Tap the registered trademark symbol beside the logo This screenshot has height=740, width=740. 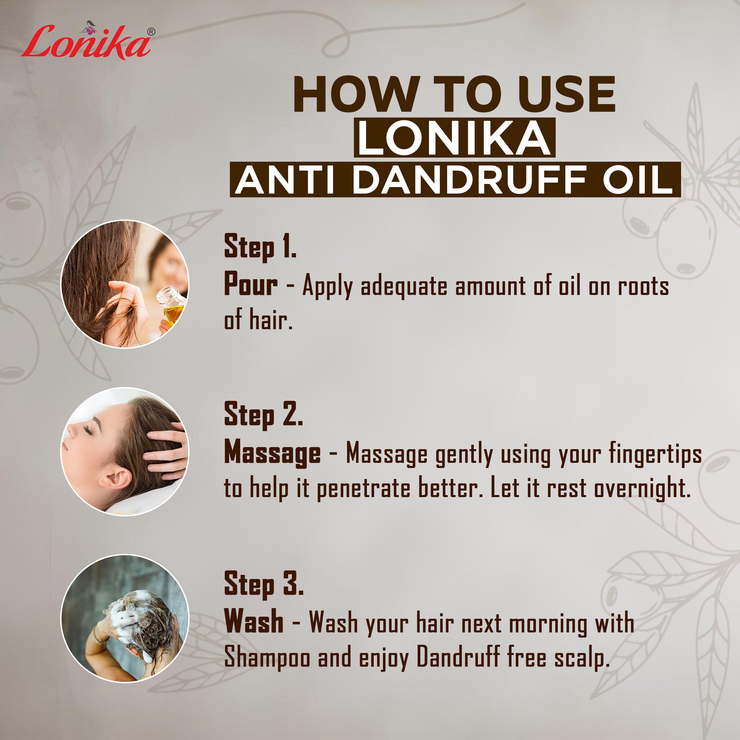click(151, 32)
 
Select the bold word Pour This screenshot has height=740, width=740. click(251, 285)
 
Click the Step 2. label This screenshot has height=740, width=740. click(263, 415)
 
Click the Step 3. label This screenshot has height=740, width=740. click(263, 584)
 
